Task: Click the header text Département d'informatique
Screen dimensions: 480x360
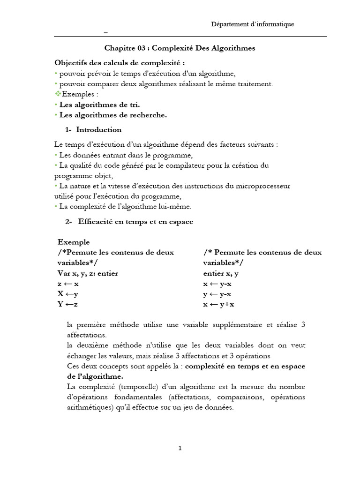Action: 253,24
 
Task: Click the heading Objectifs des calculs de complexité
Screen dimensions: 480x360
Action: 119,62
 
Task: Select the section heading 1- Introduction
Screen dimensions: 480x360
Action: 93,130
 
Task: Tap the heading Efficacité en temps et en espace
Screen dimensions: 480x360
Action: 135,222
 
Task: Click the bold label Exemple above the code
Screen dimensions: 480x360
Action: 73,242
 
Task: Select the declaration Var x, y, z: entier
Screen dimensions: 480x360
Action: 88,273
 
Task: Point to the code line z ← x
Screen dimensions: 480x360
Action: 68,284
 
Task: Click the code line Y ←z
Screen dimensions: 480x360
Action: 68,305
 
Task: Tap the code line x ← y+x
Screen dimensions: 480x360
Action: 218,305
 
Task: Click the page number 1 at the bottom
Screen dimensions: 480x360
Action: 180,448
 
